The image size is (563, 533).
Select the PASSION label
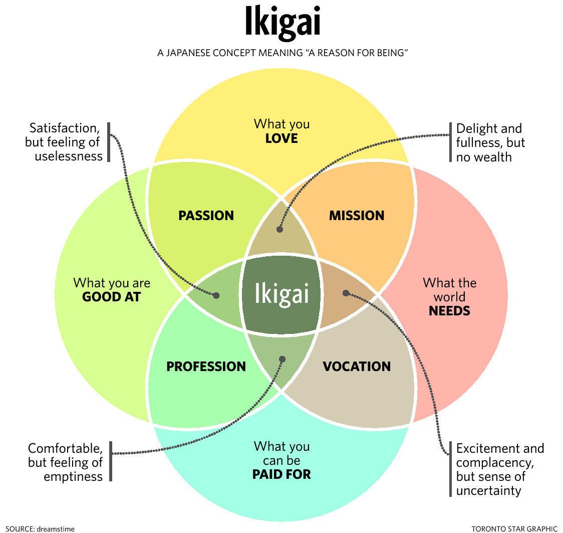[x=206, y=216]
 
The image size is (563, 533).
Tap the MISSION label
[x=357, y=216]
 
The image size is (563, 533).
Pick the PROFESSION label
[x=206, y=367]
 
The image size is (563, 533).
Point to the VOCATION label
[x=357, y=367]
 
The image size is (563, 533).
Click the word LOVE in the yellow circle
[x=281, y=138]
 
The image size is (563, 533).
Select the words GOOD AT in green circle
[x=111, y=297]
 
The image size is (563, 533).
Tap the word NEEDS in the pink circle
[x=449, y=311]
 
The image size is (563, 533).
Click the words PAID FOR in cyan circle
[x=281, y=474]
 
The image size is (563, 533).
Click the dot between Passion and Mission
[x=279, y=230]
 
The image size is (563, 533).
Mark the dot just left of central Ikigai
[x=216, y=295]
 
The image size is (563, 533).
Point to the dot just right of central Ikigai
[x=345, y=293]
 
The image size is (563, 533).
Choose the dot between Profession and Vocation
[x=282, y=359]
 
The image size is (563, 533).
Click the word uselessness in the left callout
[x=69, y=156]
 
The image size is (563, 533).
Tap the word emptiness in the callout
[x=73, y=476]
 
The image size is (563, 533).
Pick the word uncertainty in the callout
[x=488, y=490]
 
